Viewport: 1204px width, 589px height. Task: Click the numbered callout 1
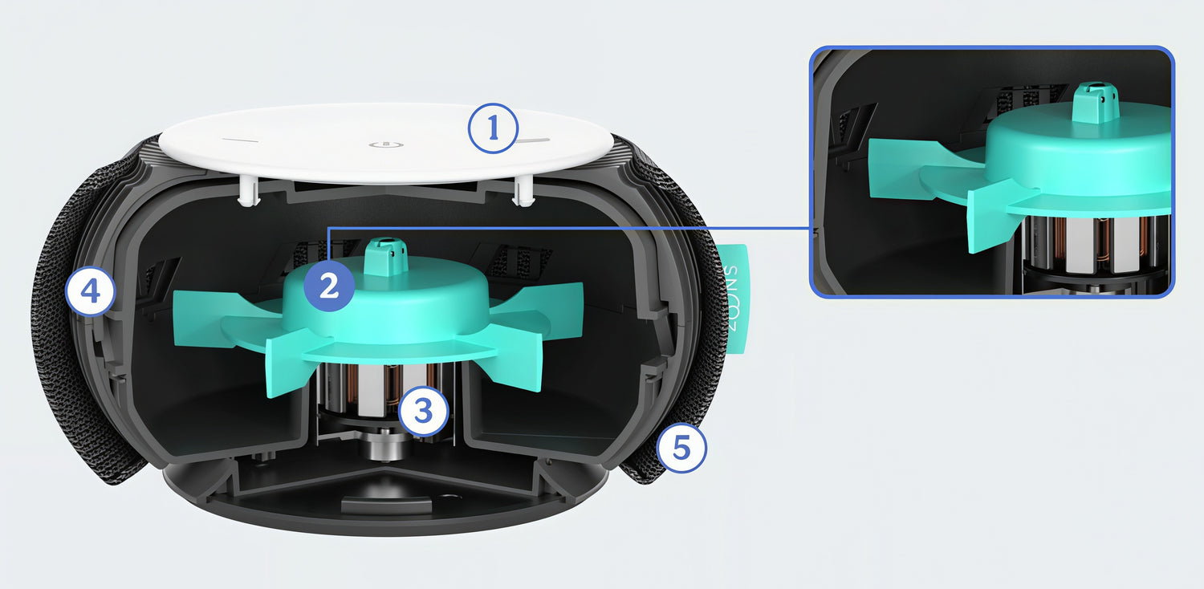tap(493, 128)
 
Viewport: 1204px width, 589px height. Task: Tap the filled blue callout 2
tap(329, 286)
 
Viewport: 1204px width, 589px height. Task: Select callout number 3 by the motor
tap(424, 411)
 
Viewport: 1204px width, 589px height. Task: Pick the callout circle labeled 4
tap(90, 292)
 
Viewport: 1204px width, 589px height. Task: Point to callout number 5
tap(681, 447)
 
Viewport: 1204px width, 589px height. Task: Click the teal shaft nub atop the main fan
tap(386, 257)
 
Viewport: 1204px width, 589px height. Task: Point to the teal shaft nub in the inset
tap(1096, 102)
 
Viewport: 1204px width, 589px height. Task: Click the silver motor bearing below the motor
tap(386, 444)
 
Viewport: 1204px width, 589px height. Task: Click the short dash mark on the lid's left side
tap(240, 141)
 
